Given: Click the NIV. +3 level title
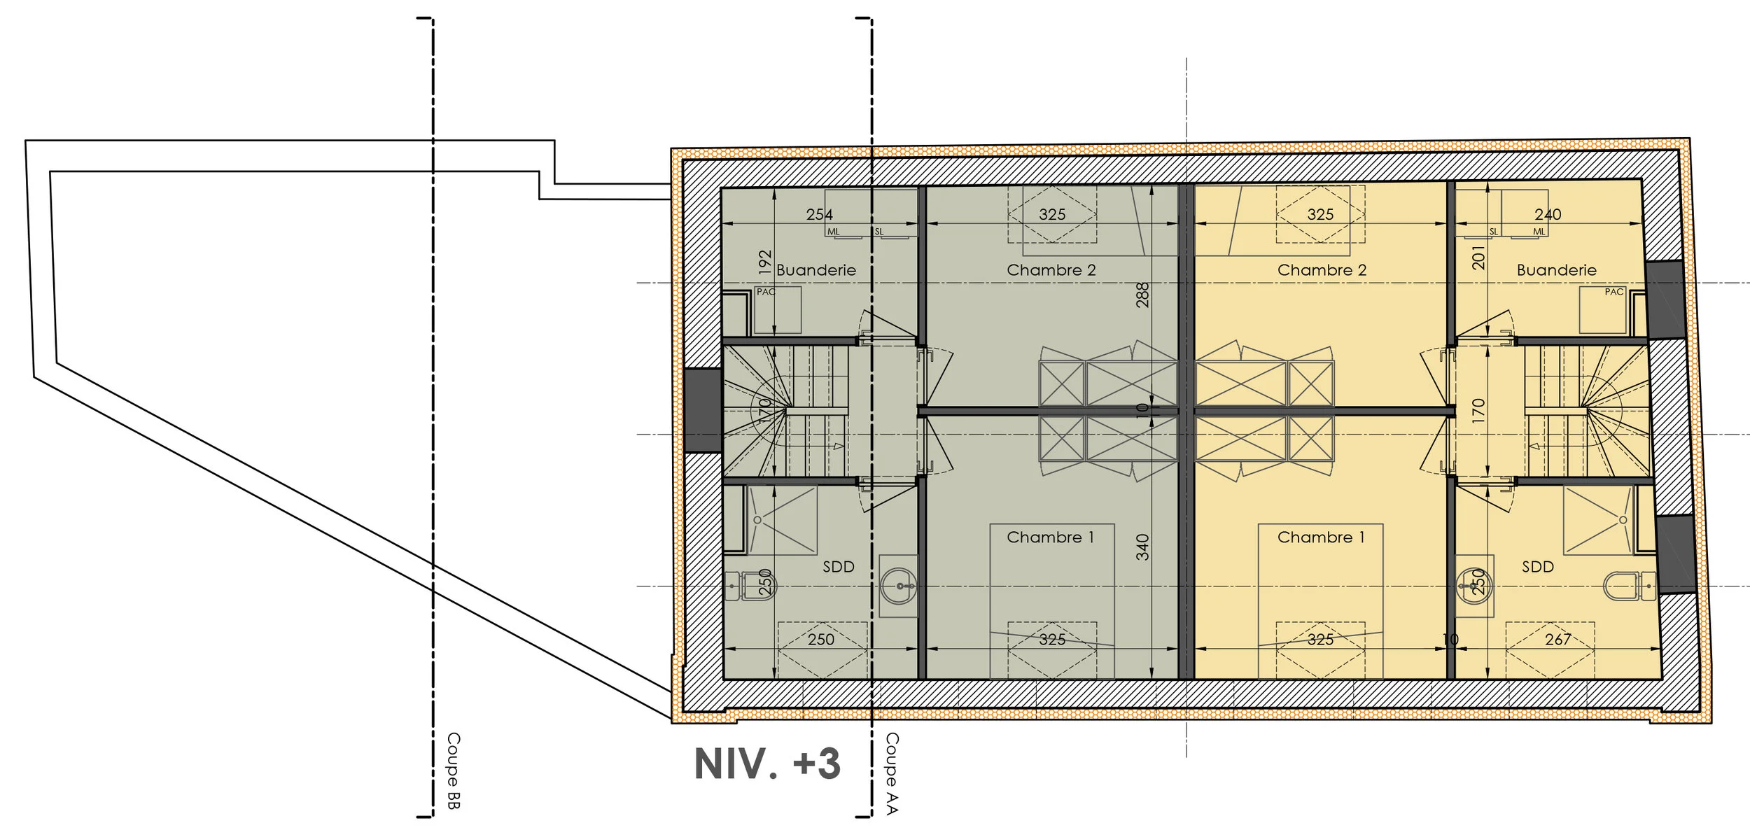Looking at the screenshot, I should (766, 764).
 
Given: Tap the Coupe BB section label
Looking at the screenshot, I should (453, 771).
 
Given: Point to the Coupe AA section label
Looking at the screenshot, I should (891, 773).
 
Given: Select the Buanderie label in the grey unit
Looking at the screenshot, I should (815, 270).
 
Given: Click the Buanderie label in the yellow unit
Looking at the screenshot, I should (1556, 270).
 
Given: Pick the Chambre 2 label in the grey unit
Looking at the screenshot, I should (1051, 270).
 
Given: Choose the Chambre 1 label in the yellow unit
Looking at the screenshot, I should (1320, 537).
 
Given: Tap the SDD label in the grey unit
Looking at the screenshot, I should (838, 567).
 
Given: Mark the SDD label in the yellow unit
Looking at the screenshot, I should (1537, 567).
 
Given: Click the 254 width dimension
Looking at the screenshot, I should (819, 215).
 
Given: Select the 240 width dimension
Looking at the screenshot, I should (1547, 215).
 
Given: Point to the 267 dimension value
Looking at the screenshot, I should (1557, 639).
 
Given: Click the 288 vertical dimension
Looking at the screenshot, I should (1142, 295).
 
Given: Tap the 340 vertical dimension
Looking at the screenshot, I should (1142, 547).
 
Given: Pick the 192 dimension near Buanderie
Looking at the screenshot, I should (765, 262).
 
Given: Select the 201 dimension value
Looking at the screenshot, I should (1478, 257).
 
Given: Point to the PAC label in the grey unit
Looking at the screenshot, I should (766, 292).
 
